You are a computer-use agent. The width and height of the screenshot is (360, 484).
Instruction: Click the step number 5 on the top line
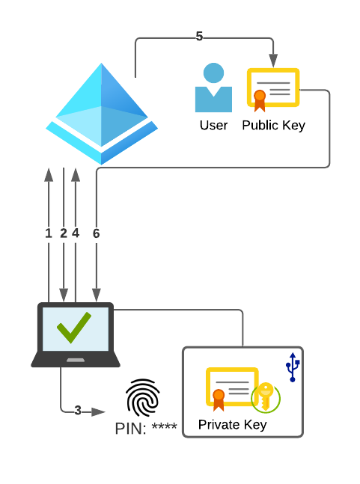[199, 37]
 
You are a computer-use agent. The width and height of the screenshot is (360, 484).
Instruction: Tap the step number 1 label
[49, 233]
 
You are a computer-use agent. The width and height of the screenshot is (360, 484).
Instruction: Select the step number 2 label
[64, 233]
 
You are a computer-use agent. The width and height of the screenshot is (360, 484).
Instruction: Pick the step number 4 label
[76, 233]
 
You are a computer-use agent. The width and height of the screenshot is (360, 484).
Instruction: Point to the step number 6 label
[96, 233]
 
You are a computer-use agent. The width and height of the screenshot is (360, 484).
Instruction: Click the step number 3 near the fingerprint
[78, 410]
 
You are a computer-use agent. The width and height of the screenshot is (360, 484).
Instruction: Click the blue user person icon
[213, 88]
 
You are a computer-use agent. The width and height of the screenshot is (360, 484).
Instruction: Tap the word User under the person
[213, 126]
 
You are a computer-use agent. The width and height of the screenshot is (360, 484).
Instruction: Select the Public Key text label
[273, 126]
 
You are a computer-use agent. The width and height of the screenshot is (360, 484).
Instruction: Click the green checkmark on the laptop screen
[74, 328]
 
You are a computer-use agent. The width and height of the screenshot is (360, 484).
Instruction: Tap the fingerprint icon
[142, 397]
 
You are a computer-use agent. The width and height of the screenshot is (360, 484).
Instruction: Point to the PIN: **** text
[146, 429]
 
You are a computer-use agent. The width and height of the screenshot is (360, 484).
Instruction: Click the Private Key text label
[232, 425]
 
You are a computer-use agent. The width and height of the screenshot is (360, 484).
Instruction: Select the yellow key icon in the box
[266, 396]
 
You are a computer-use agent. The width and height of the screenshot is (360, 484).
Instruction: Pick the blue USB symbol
[293, 367]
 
